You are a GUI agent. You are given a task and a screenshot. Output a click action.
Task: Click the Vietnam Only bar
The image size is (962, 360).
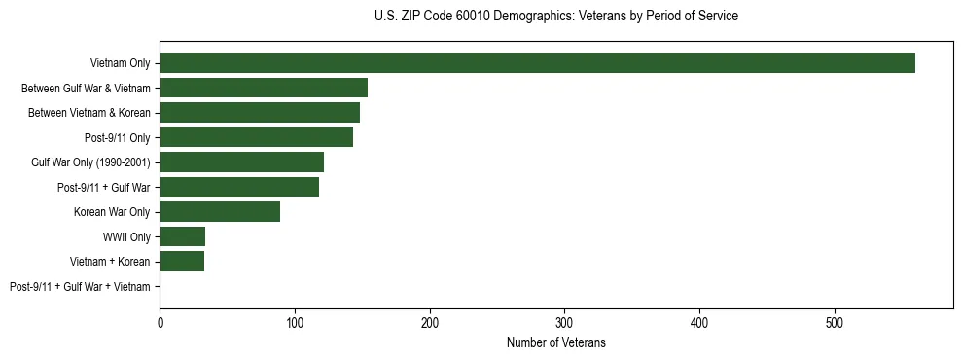(537, 63)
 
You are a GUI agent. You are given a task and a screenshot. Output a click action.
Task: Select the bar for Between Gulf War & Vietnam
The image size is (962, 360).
(264, 88)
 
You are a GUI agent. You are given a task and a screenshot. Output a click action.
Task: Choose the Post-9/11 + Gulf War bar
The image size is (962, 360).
(239, 187)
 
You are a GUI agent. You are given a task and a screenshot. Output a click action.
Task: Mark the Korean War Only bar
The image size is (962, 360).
(220, 212)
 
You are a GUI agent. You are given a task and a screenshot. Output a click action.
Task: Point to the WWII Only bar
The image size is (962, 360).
(182, 236)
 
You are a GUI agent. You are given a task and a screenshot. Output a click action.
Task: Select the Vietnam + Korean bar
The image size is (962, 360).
(182, 262)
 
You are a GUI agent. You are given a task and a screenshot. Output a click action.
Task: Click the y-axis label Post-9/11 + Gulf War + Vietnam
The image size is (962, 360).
(80, 287)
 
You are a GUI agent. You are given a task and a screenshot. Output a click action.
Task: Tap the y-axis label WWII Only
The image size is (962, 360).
(126, 236)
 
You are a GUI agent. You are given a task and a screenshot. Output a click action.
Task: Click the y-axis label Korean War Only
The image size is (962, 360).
(112, 212)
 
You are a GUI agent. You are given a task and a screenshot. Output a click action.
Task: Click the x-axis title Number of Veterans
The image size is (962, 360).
(555, 342)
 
